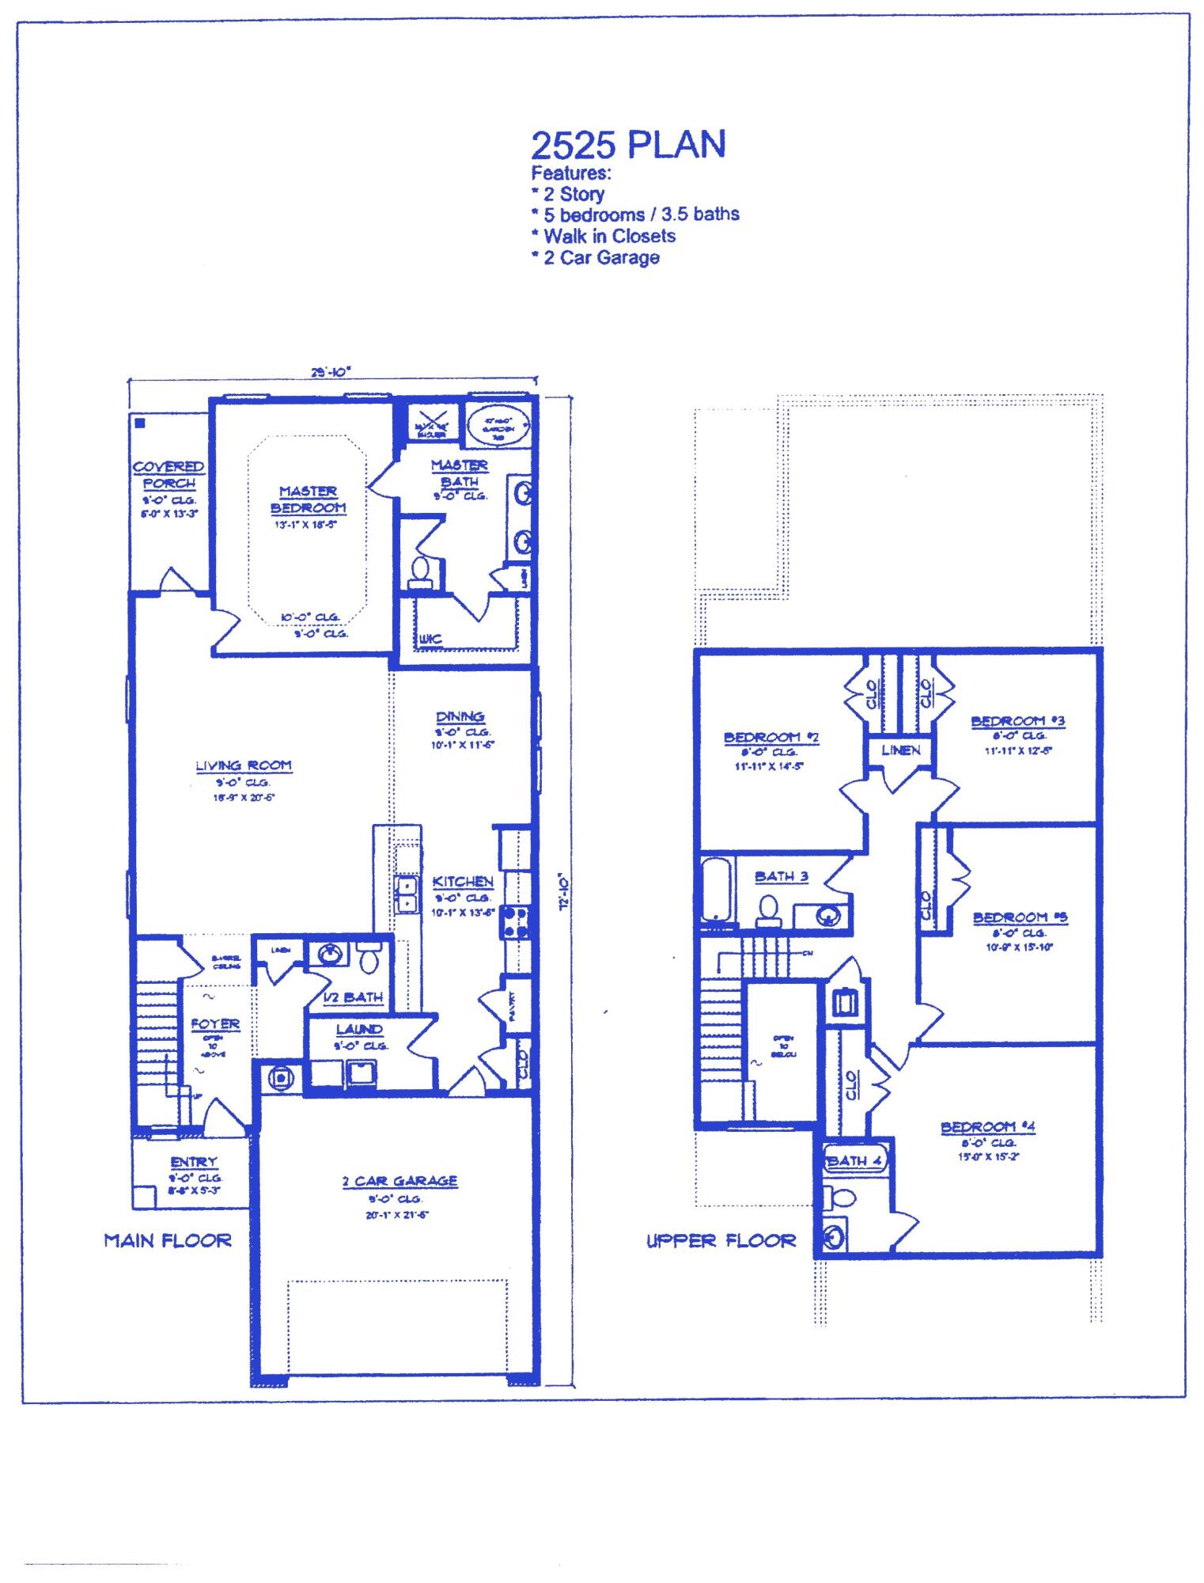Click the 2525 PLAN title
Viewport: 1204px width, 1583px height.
click(x=627, y=145)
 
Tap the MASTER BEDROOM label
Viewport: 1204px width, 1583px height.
click(x=308, y=499)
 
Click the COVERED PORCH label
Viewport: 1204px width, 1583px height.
click(x=168, y=475)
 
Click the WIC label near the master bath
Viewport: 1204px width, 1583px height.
click(x=430, y=639)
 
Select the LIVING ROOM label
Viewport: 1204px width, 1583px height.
click(x=244, y=765)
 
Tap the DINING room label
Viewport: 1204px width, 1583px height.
click(x=460, y=717)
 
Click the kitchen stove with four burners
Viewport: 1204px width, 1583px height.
click(x=515, y=922)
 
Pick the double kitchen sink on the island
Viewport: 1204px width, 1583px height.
click(x=406, y=894)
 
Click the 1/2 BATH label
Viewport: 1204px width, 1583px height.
click(x=354, y=998)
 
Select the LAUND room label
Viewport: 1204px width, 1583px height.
click(x=359, y=1030)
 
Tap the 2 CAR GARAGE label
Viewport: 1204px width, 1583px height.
click(x=399, y=1181)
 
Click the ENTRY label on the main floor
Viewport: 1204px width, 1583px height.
click(x=193, y=1162)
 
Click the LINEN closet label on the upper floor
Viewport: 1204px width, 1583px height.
click(x=900, y=750)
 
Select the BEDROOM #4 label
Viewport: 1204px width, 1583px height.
click(x=988, y=1127)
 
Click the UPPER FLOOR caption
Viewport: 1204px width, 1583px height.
click(x=721, y=1241)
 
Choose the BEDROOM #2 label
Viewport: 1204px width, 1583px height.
click(x=771, y=738)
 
